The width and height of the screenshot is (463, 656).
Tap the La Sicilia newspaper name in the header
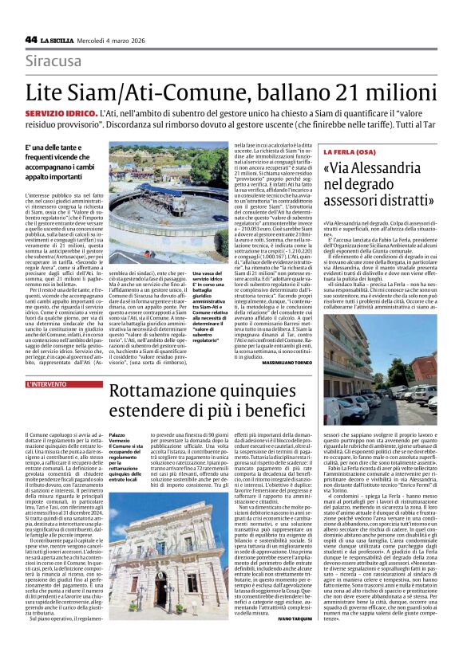(59, 40)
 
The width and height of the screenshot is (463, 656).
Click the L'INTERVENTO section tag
(48, 384)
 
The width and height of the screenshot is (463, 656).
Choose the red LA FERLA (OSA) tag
(349, 150)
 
